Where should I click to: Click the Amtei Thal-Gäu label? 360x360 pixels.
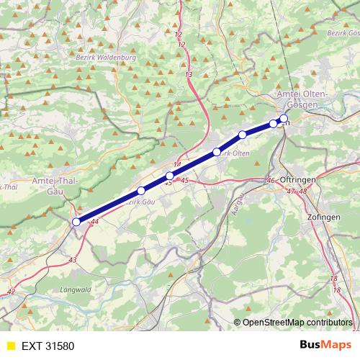pyautogui.click(x=55, y=186)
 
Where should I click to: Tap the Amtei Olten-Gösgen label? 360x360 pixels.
pyautogui.click(x=302, y=100)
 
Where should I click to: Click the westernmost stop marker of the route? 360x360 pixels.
pyautogui.click(x=76, y=222)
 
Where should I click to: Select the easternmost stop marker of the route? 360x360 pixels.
pyautogui.click(x=284, y=118)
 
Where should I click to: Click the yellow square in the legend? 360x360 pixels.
pyautogui.click(x=10, y=346)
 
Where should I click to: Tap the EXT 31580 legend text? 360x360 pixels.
pyautogui.click(x=48, y=346)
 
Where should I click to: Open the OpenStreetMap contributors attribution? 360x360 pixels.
pyautogui.click(x=296, y=322)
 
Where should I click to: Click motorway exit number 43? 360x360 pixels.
pyautogui.click(x=72, y=258)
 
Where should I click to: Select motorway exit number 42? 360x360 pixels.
pyautogui.click(x=10, y=292)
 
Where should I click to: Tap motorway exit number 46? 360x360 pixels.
pyautogui.click(x=271, y=181)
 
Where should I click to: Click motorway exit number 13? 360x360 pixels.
pyautogui.click(x=189, y=75)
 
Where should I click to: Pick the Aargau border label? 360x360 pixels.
pyautogui.click(x=237, y=194)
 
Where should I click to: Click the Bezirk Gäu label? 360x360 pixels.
pyautogui.click(x=140, y=202)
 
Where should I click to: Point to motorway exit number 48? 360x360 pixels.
pyautogui.click(x=302, y=191)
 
